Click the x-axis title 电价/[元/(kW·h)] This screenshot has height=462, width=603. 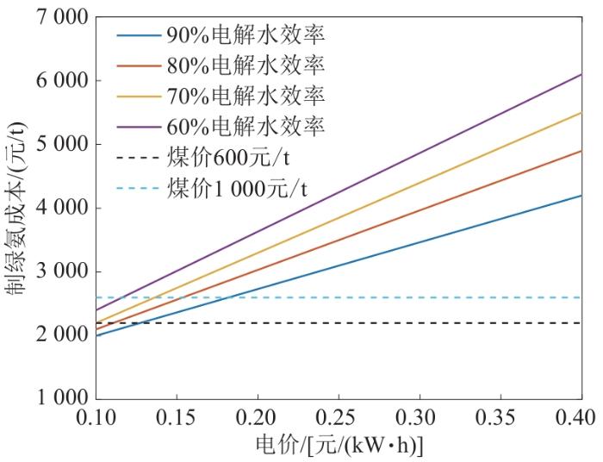tap(338, 445)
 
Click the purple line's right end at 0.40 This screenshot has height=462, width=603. tap(581, 75)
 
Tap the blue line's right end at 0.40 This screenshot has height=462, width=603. tap(581, 196)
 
